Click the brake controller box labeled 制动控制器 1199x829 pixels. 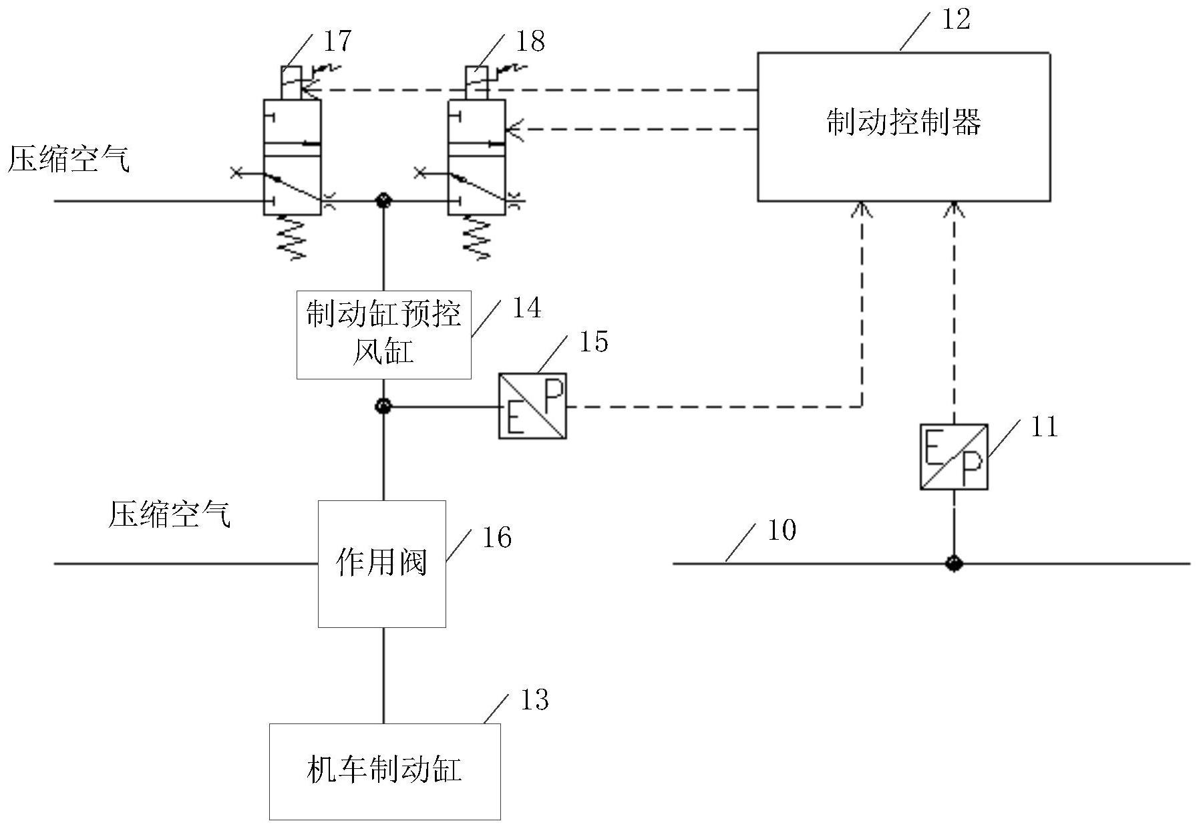pos(903,126)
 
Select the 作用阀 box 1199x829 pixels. pos(381,563)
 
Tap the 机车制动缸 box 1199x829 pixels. pos(385,771)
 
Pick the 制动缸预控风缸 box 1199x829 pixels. pos(383,335)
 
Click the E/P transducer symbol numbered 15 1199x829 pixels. pos(532,405)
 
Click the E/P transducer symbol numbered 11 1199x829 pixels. pos(953,456)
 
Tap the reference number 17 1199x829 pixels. pos(337,41)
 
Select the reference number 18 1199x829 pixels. pos(530,41)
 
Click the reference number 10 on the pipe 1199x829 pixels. pos(782,530)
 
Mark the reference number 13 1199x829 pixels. pos(534,700)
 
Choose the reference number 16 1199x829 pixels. pos(497,538)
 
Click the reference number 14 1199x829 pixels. pos(526,308)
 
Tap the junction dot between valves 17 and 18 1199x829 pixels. pos(383,200)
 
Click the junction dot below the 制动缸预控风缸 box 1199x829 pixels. pos(383,405)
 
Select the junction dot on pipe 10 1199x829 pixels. pos(953,563)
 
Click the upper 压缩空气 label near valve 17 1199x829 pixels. pos(69,160)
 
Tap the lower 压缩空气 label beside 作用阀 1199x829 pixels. pos(169,515)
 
